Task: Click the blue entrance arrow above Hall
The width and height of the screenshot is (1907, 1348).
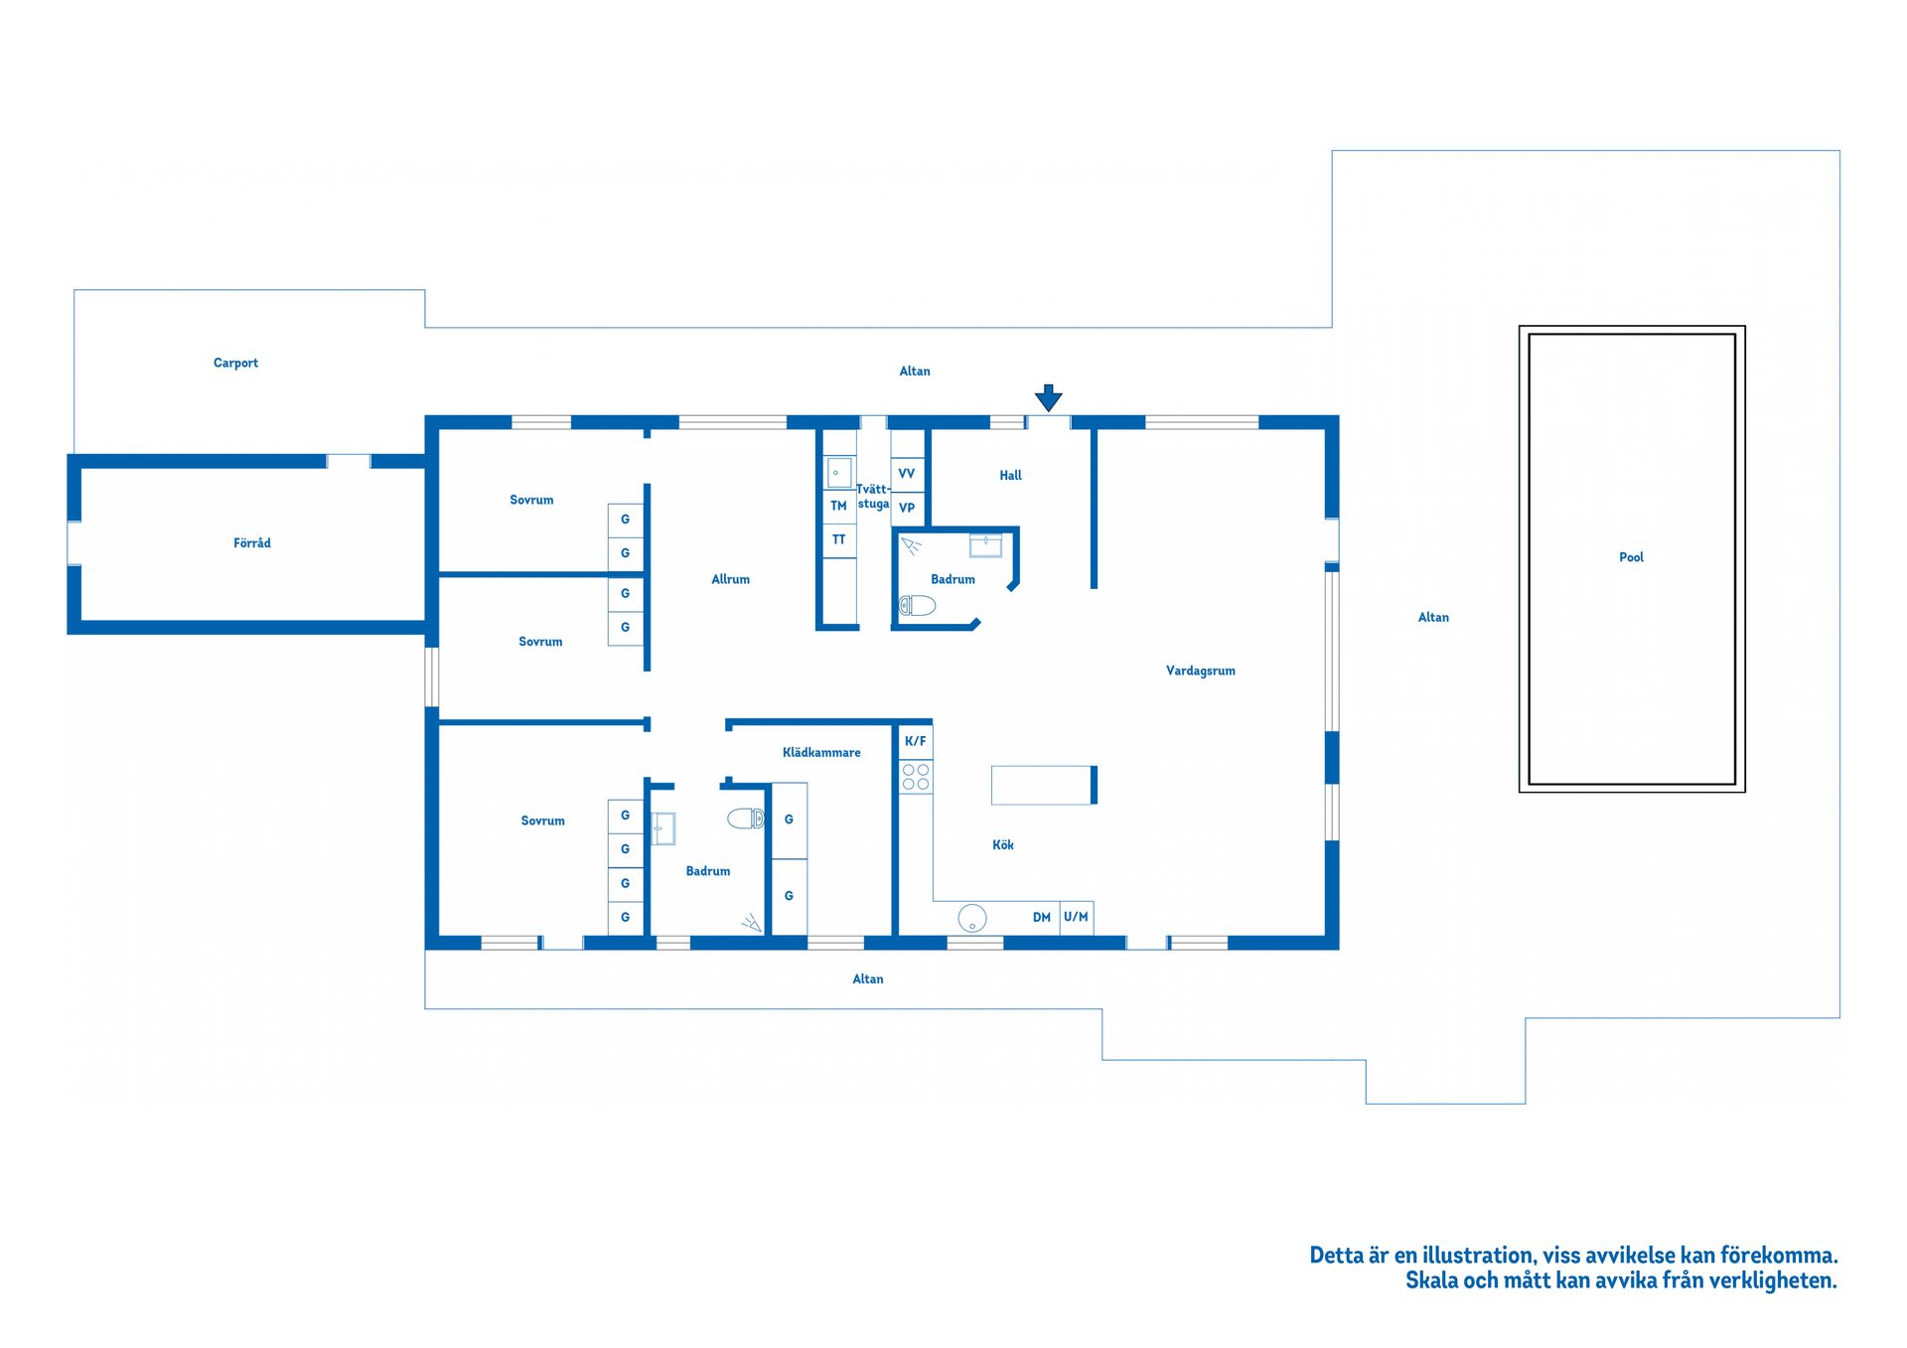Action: point(1048,398)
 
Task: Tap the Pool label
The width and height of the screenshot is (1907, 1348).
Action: point(1631,557)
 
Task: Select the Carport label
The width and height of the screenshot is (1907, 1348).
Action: point(235,364)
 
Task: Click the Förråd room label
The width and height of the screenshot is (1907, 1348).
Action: point(252,543)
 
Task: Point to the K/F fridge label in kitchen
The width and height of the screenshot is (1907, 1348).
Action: point(915,741)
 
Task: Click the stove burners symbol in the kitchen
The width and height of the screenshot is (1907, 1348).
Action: point(916,777)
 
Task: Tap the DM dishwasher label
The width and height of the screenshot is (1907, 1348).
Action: point(1041,917)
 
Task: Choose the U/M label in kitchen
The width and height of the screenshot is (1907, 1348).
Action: point(1076,917)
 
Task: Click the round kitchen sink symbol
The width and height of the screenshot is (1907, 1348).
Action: point(972,918)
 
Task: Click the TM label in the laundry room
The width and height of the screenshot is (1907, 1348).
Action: point(838,506)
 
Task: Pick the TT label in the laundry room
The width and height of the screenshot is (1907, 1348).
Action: point(838,539)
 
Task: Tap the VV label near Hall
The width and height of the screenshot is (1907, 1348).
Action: point(906,474)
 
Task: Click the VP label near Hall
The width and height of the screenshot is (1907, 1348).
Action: point(906,508)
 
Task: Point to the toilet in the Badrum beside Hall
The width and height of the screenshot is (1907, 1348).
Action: point(917,605)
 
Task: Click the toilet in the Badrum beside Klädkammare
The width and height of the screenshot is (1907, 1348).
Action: point(746,819)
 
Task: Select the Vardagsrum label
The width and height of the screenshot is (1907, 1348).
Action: point(1200,671)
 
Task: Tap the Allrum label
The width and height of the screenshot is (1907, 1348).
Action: point(730,579)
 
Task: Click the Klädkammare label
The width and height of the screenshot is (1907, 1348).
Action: point(821,753)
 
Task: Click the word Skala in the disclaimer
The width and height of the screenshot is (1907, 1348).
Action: point(1431,1280)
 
